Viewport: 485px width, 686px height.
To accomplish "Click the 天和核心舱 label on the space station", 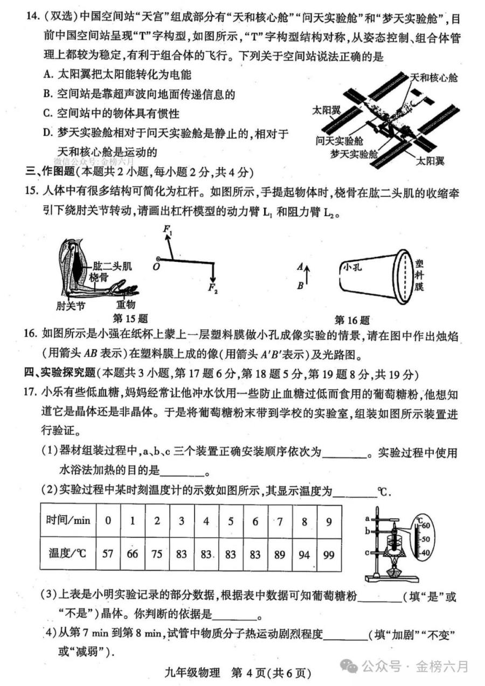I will pos(434,78).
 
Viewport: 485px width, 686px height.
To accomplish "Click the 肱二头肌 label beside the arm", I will pos(113,266).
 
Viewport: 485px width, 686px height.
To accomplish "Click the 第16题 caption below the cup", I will pos(352,320).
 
